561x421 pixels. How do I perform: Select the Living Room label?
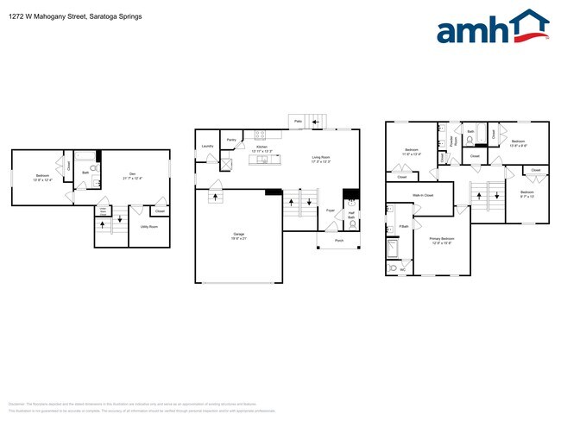[x=321, y=158]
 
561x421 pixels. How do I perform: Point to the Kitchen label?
[x=260, y=148]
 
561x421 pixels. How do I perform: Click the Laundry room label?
[x=207, y=146]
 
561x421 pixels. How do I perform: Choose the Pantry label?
[x=231, y=140]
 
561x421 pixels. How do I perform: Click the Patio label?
[x=298, y=122]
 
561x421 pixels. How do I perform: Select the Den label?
[x=133, y=175]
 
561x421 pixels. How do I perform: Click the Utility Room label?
[x=148, y=226]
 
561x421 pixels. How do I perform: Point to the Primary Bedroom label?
[x=443, y=240]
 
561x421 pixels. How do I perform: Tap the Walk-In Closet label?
[x=422, y=196]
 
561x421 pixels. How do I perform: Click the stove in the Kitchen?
[x=259, y=134]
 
